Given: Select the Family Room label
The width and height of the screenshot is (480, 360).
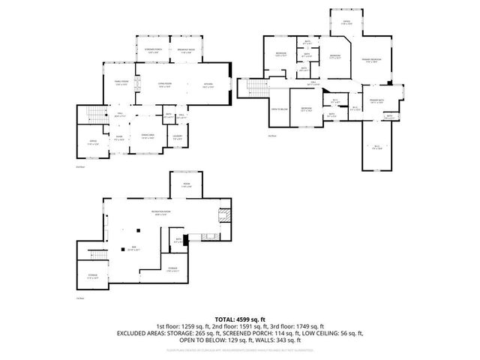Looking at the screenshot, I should (x=121, y=84).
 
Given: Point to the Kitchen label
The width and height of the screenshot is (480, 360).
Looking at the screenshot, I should (x=208, y=85).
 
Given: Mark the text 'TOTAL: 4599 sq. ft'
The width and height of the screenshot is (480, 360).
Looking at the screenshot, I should (x=240, y=320).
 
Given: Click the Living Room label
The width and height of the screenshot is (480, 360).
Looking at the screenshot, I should (x=165, y=85).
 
